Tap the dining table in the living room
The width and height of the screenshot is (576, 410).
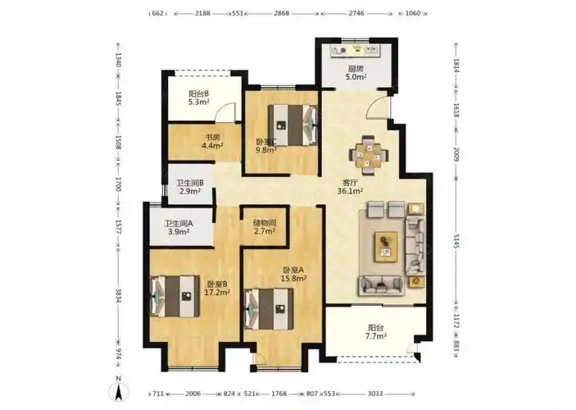(x=369, y=155)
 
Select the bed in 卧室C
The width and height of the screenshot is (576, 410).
(x=293, y=125)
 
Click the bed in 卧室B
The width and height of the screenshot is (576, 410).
(x=175, y=296)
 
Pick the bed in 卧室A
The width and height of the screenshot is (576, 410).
(x=269, y=308)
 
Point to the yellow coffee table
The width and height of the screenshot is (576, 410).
(x=386, y=247)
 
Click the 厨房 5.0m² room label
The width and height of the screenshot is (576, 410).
(x=356, y=73)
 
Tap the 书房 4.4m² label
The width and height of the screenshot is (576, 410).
(x=212, y=142)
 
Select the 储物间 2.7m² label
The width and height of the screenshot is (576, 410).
(x=265, y=227)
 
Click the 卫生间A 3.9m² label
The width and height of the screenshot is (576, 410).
(x=179, y=228)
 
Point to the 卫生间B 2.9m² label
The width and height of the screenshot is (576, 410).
(x=190, y=187)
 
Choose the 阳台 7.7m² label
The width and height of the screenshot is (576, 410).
(x=377, y=331)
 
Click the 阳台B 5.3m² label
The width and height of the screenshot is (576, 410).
(x=199, y=98)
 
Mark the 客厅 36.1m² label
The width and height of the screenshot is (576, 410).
(x=350, y=186)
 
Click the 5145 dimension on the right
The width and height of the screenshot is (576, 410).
(x=456, y=241)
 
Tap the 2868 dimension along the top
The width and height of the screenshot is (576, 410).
(x=281, y=13)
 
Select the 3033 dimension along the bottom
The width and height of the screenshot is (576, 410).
(x=375, y=394)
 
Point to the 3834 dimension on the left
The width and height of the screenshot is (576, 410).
(x=118, y=296)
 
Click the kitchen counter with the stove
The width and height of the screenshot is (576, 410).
(x=355, y=51)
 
